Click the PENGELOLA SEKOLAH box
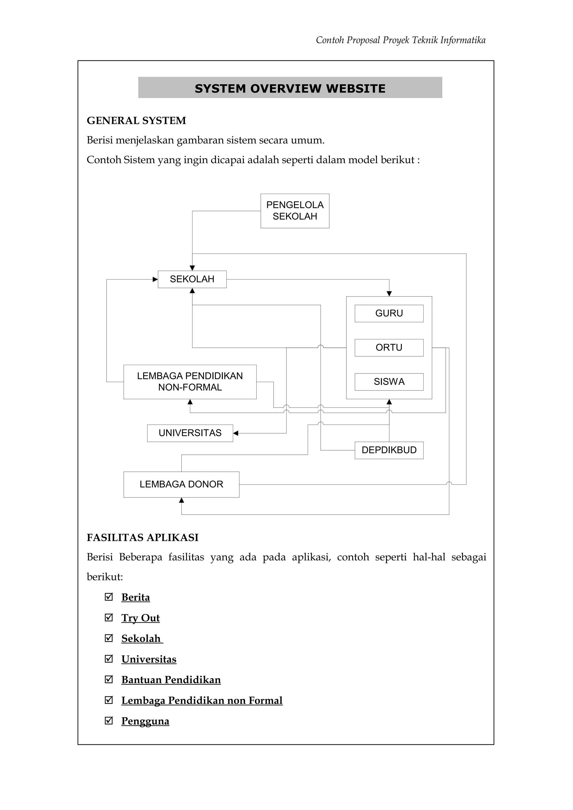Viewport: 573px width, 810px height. (295, 211)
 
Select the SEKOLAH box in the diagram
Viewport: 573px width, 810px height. (192, 279)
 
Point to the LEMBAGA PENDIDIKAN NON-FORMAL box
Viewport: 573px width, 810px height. (190, 382)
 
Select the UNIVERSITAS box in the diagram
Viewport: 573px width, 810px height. (190, 433)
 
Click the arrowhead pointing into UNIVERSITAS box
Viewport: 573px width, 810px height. (236, 433)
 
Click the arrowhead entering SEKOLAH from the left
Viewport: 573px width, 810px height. (155, 280)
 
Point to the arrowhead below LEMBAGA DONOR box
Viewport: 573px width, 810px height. (182, 500)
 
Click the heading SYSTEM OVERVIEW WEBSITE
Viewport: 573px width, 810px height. (290, 88)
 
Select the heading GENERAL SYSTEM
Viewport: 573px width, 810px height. (136, 121)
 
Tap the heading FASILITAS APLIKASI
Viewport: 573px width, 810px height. (143, 538)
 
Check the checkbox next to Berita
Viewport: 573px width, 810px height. (109, 597)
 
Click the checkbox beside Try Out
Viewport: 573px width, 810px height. (109, 617)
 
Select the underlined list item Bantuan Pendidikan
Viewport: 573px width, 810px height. (171, 679)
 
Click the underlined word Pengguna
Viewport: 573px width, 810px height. (145, 721)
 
